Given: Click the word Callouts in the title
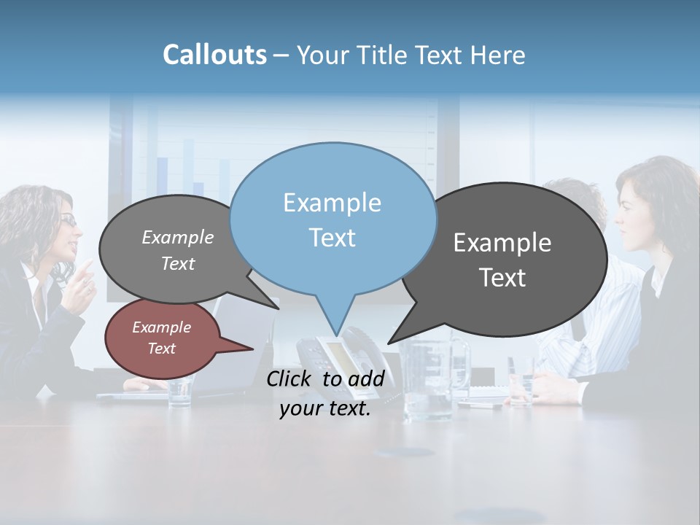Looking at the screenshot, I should click(x=214, y=55).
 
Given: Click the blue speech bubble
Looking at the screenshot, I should click(x=332, y=219).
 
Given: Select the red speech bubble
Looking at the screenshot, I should click(x=162, y=338).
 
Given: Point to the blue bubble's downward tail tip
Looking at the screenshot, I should click(x=337, y=333).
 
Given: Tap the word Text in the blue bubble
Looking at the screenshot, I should click(x=332, y=238).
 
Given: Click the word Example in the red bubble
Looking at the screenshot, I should click(x=162, y=327).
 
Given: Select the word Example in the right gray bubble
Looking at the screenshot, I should click(x=502, y=243).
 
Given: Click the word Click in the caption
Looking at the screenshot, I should click(x=289, y=378).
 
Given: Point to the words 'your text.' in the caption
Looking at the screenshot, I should click(x=325, y=409).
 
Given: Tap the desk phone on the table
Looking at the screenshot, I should click(x=332, y=354).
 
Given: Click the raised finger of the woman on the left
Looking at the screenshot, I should click(x=87, y=268).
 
